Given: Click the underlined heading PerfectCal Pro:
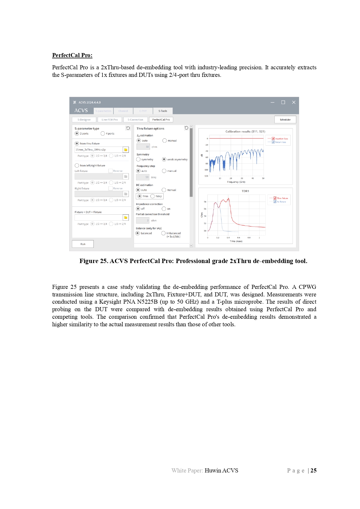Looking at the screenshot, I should point(72,55).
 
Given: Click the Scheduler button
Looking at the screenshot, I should point(285,119).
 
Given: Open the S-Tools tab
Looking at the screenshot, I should point(162,111).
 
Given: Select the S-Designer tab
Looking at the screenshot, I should point(84,119).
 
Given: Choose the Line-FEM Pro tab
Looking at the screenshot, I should point(109,119).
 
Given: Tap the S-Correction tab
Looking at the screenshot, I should point(135,119).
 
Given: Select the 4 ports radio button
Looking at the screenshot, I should point(103,133).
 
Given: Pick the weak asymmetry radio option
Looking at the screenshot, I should point(164,159).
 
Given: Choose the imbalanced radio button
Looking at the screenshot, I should point(164,233).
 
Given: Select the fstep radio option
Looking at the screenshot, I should point(153,196).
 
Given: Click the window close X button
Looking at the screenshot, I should point(294,102).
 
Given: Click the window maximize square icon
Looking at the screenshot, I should point(283,102).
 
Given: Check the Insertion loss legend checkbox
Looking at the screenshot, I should point(273,139).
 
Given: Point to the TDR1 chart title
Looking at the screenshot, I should point(245,191).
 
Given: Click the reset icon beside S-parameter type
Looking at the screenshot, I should point(128,128).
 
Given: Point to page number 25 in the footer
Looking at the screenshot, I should point(313,470).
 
